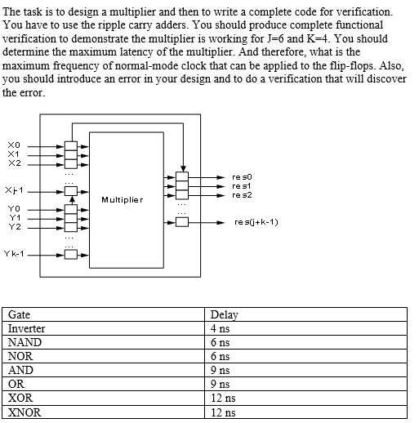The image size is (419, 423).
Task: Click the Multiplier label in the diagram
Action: (123, 199)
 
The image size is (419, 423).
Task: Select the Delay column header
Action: (224, 314)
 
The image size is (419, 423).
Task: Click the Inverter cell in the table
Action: (26, 328)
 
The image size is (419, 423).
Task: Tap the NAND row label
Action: (23, 342)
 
